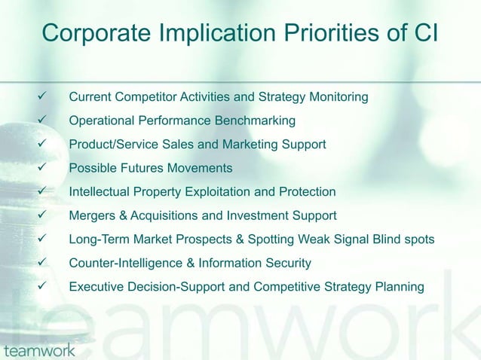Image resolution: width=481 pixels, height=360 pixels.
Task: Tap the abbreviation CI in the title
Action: click(424, 33)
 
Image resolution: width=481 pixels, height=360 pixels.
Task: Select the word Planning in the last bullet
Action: click(400, 287)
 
